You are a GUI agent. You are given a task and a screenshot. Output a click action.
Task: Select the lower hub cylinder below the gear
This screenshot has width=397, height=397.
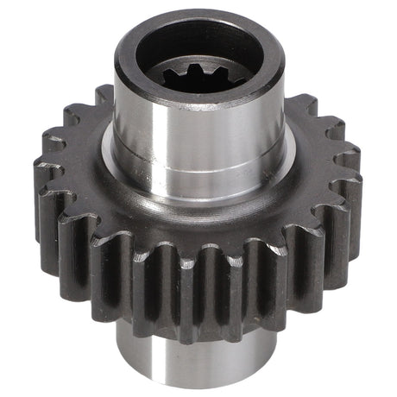point(198,362)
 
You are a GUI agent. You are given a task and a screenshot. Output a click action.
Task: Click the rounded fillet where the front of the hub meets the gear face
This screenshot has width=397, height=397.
point(198,207)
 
